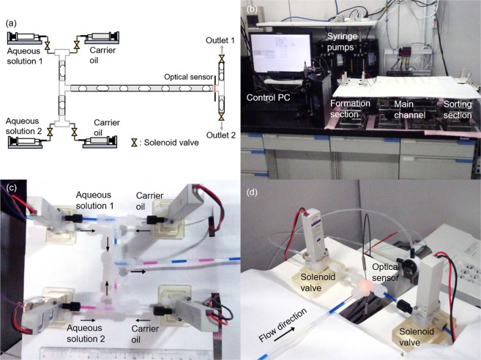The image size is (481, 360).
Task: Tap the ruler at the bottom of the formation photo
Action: click(x=95, y=353)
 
